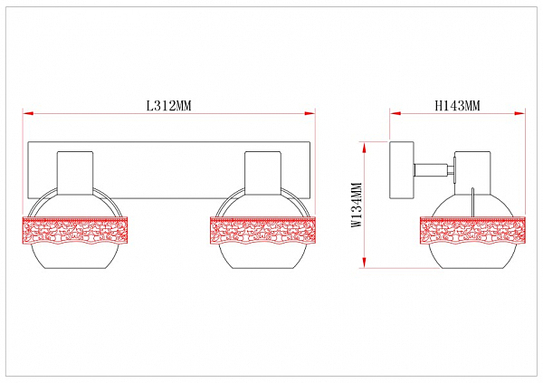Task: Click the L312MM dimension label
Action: pos(169,105)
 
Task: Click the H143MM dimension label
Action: pos(457,105)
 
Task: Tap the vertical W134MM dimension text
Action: pos(357,205)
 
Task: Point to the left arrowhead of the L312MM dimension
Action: pos(28,113)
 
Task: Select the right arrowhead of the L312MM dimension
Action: pos(310,113)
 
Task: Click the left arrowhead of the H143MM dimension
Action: pos(395,113)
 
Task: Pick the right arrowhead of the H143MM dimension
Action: pos(519,113)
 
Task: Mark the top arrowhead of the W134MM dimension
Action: pos(364,148)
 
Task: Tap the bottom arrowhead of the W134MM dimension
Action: pos(364,262)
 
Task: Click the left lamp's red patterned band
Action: pos(75,231)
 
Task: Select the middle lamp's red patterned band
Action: pos(263,231)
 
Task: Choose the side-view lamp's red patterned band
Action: pos(472,231)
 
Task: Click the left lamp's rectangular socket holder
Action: pos(75,173)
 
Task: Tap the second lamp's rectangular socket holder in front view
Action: pos(262,173)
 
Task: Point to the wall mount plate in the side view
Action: pos(402,170)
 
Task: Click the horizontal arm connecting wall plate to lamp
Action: pos(434,170)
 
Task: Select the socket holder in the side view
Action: pos(472,173)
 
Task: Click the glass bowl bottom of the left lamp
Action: pos(75,256)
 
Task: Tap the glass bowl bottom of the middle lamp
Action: pos(263,256)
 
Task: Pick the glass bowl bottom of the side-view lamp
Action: pos(472,256)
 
